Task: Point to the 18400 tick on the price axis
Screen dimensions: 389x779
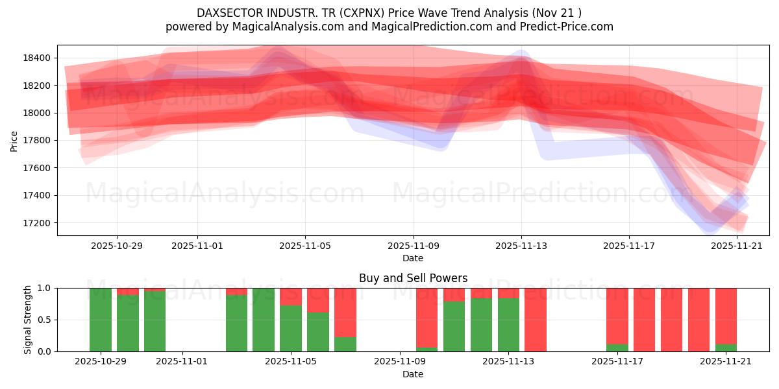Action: click(36, 58)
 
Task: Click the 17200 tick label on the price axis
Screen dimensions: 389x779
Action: click(36, 223)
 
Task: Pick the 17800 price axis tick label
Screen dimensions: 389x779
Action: click(36, 140)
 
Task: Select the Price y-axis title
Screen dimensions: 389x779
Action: click(14, 141)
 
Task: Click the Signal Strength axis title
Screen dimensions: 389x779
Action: click(27, 320)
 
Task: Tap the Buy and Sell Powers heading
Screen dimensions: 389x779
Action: click(413, 278)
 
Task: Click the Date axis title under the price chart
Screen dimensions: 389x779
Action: click(413, 258)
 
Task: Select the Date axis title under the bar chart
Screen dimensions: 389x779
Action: click(413, 374)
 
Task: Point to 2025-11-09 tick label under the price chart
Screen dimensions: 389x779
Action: click(414, 246)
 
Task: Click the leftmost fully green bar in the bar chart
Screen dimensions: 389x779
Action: click(101, 320)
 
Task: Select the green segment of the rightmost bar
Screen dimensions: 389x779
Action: click(726, 348)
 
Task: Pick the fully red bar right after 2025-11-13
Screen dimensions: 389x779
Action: click(536, 320)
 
